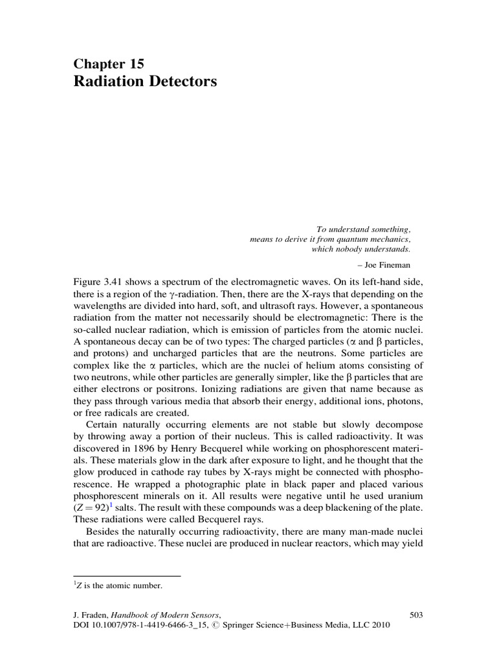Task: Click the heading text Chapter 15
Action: tap(108, 63)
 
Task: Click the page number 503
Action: tap(417, 615)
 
